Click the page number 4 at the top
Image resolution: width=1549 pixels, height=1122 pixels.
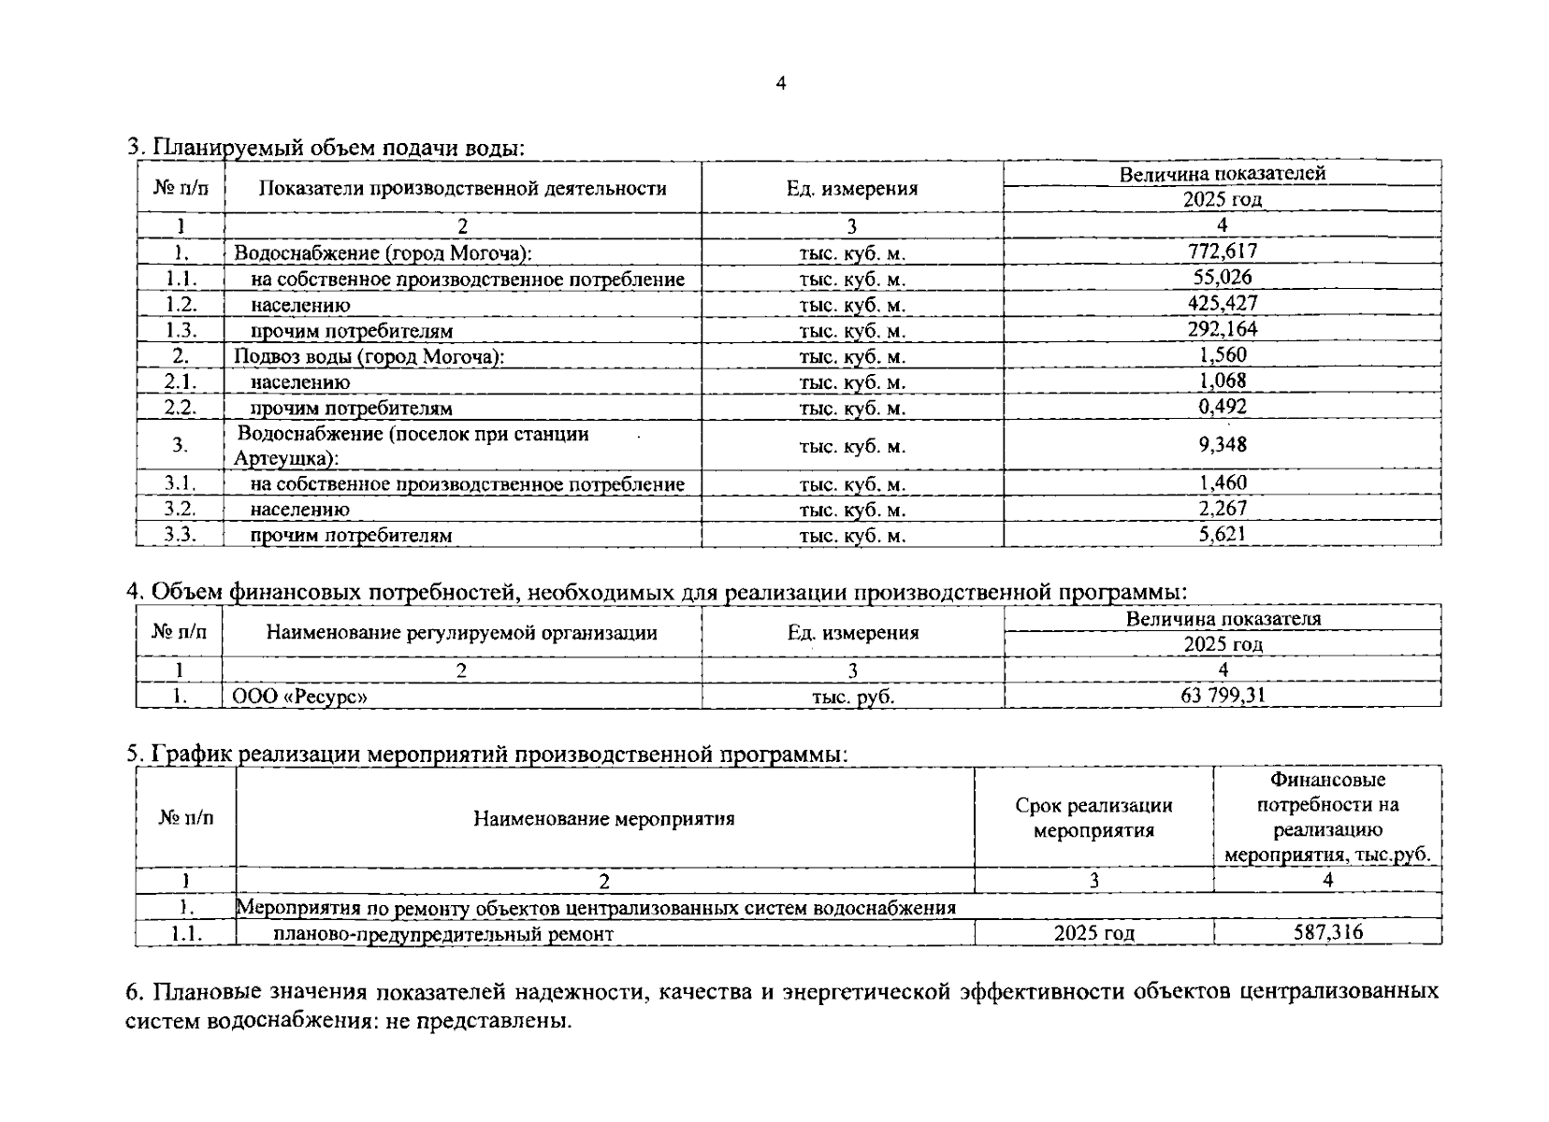click(x=781, y=84)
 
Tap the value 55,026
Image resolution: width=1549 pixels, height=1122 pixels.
click(x=1223, y=277)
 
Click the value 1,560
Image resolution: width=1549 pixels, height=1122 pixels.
click(x=1223, y=354)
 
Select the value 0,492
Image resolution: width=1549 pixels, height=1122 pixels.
click(x=1223, y=406)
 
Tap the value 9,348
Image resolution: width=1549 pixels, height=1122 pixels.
click(x=1223, y=444)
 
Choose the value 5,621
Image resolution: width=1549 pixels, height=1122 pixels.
click(x=1223, y=534)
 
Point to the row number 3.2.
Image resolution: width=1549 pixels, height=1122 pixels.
click(x=181, y=509)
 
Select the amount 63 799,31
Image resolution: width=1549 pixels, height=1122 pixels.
click(x=1223, y=695)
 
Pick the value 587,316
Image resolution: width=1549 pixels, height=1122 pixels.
click(x=1328, y=932)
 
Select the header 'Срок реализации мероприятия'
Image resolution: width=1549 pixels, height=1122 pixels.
click(x=1094, y=818)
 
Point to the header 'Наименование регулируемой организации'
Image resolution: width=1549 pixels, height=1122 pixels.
click(x=462, y=633)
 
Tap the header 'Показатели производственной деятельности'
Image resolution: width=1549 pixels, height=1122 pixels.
click(x=462, y=188)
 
